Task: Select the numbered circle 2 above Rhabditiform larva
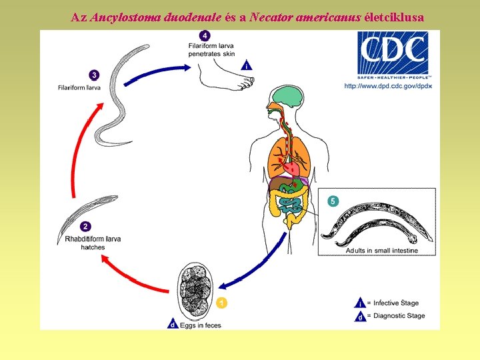click(87, 227)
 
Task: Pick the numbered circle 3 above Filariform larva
click(94, 75)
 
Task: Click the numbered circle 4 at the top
click(205, 35)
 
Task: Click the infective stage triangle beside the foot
click(247, 65)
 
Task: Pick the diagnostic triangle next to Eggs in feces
click(172, 325)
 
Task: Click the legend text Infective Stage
click(395, 303)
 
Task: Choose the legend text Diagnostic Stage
click(398, 316)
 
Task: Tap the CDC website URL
click(388, 86)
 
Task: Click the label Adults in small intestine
click(381, 251)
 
